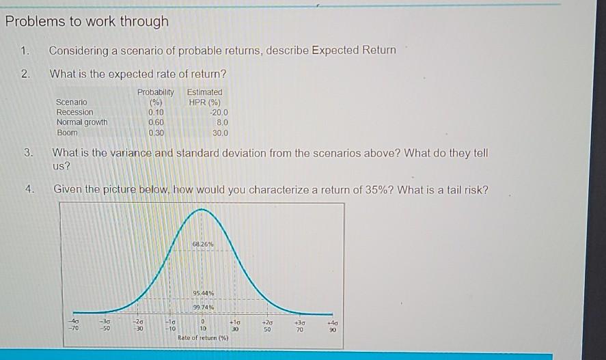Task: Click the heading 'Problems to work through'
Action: [x=87, y=22]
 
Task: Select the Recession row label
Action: [x=75, y=112]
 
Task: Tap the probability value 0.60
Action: [x=156, y=122]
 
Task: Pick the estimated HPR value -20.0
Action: [x=219, y=113]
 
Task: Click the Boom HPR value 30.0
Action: [x=220, y=133]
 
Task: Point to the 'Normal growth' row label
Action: [x=82, y=122]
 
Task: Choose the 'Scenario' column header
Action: [x=72, y=102]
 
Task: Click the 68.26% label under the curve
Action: [x=203, y=244]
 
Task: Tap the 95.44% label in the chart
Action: [x=204, y=293]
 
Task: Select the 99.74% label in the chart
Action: [x=204, y=307]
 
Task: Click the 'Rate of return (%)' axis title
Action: [x=203, y=337]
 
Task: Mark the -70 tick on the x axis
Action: [x=73, y=329]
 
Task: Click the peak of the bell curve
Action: [x=202, y=209]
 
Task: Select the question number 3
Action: [x=28, y=152]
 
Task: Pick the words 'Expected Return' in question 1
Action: [x=354, y=51]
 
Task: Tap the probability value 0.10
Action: [x=156, y=113]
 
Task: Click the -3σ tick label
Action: [x=105, y=321]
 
